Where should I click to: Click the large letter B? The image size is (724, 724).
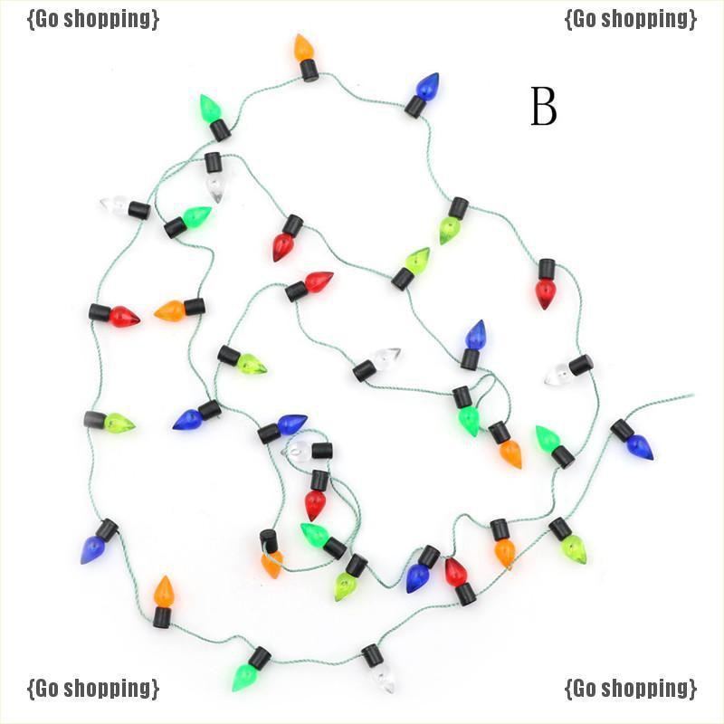point(543,108)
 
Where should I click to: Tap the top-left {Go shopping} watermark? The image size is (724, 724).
point(93,18)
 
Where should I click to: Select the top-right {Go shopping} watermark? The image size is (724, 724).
point(631,18)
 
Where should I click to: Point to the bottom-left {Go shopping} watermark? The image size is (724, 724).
point(93,688)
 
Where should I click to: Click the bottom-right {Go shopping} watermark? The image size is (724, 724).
point(631,688)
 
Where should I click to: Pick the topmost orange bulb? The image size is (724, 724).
point(303,48)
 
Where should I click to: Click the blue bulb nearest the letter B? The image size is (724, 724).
point(427,87)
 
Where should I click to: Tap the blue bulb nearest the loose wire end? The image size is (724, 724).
point(639,445)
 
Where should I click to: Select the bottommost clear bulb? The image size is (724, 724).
point(383,675)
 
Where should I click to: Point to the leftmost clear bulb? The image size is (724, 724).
point(114,205)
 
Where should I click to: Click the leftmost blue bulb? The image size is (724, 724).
point(92,548)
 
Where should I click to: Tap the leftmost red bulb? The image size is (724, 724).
point(124,317)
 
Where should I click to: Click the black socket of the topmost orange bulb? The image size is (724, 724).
point(310,70)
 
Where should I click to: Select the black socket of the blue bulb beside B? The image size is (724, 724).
point(415,107)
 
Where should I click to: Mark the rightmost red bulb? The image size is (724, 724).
point(545,292)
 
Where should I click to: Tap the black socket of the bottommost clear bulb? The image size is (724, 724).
point(371,655)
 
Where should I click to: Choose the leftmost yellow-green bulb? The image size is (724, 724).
point(119,423)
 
